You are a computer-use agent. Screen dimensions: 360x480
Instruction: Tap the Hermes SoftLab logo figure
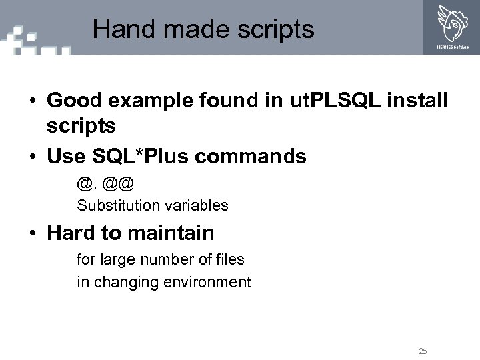[x=452, y=23]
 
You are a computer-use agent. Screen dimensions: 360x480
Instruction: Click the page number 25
[x=423, y=351]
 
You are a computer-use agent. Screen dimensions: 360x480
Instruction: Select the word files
[x=229, y=259]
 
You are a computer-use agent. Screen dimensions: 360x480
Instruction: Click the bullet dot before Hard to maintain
[x=32, y=234]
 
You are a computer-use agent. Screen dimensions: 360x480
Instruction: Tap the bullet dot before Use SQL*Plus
[x=32, y=157]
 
